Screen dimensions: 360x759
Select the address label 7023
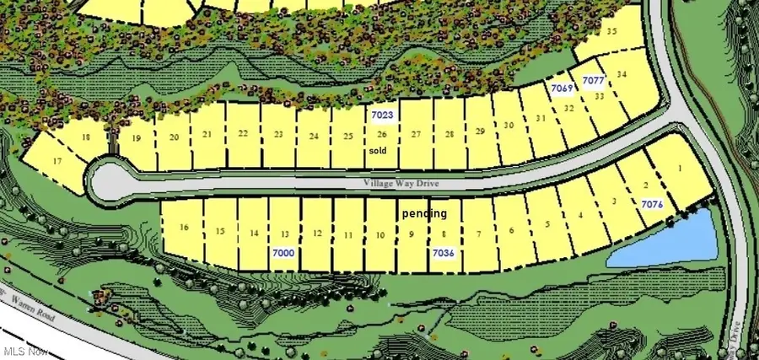(383, 114)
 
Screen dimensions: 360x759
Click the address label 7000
(283, 252)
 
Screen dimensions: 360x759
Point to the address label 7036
(444, 252)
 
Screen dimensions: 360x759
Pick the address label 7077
(595, 81)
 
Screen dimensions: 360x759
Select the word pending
(424, 214)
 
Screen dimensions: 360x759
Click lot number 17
(57, 161)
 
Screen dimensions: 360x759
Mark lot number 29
(480, 131)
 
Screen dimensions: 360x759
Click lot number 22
(243, 133)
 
